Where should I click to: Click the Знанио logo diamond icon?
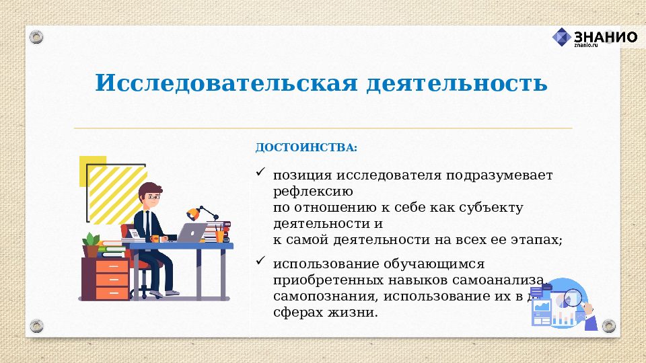561,37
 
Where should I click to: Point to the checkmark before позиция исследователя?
260,173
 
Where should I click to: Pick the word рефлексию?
308,192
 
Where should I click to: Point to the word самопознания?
315,296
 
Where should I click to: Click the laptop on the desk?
192,233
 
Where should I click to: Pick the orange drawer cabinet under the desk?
112,279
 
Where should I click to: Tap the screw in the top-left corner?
36,36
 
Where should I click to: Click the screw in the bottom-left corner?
36,326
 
